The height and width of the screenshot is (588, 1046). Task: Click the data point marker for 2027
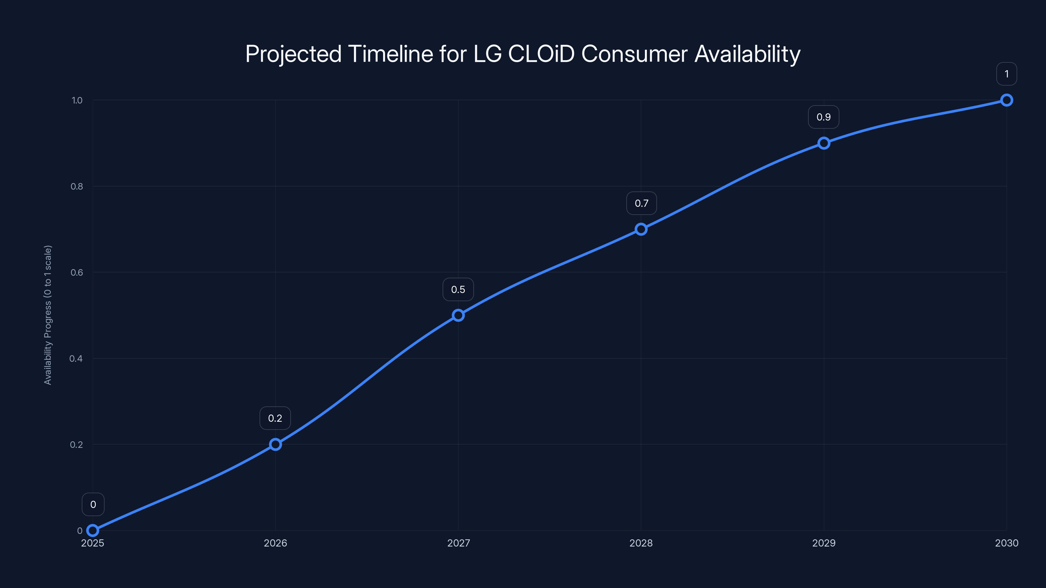tap(458, 315)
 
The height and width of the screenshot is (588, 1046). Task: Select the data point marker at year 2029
tap(823, 143)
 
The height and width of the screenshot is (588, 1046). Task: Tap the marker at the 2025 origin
tap(93, 531)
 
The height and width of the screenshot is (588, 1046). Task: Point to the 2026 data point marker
tap(275, 444)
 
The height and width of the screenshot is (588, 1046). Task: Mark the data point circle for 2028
tap(641, 229)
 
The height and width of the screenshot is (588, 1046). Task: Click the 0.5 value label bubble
tap(458, 289)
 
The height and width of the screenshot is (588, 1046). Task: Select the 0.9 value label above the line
tap(823, 117)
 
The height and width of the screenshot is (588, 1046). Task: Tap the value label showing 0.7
tap(641, 203)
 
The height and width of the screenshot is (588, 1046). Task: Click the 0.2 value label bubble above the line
tap(275, 418)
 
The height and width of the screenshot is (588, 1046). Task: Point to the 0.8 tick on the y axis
tap(77, 186)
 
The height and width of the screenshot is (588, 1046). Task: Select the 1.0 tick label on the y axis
tap(77, 100)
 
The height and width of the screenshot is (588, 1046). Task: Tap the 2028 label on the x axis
tap(641, 543)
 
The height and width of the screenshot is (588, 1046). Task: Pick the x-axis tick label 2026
tap(275, 543)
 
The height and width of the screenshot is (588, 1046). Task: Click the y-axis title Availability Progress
tap(48, 315)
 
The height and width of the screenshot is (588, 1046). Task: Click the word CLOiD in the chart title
tap(541, 54)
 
